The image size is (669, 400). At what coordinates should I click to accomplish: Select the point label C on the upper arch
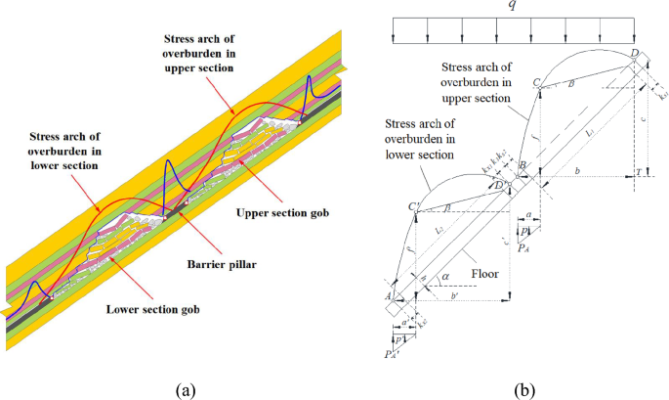537,85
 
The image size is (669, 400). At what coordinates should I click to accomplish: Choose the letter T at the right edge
638,172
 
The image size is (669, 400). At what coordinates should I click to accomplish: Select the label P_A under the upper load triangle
524,248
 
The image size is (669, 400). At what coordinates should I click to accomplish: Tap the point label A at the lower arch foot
389,296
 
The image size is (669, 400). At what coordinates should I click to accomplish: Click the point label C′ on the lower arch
412,205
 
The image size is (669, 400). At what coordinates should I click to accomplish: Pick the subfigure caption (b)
525,389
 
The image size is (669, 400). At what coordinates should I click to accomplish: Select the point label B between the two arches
523,166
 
